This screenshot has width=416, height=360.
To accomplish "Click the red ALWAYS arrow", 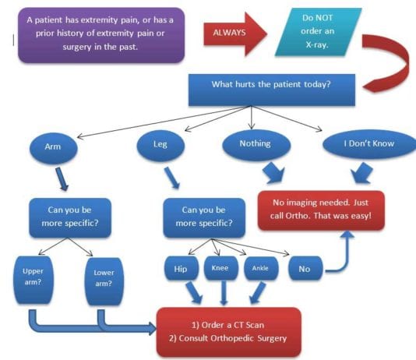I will pos(231,33).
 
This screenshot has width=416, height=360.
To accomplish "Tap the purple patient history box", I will pos(100,34).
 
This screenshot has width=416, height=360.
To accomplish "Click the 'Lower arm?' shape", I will pos(103,280).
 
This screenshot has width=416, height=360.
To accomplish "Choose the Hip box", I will pos(181,269).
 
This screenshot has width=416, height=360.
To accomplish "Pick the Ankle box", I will pos(261,269).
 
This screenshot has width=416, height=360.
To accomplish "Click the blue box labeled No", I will pos(304,269).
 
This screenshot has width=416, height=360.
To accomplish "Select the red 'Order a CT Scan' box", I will pos(227,331).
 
